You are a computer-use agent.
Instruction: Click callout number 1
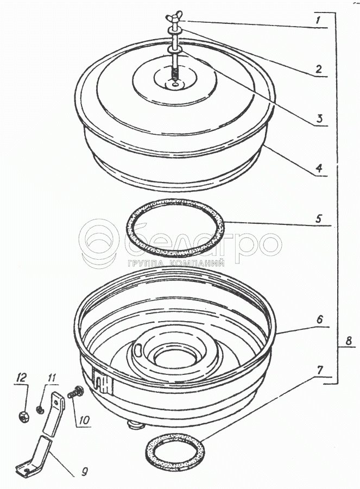coord(318,21)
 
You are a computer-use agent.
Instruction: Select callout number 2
coord(318,69)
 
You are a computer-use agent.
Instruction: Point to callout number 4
coord(319,168)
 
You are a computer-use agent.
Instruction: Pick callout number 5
coord(318,218)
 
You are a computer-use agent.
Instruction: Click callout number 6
coord(320,319)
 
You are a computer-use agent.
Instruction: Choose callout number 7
coord(320,370)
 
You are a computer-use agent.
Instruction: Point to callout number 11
coord(52,378)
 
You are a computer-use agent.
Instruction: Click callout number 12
coord(22,378)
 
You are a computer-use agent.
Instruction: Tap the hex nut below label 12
coord(24,416)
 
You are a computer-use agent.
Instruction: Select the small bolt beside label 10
coord(74,392)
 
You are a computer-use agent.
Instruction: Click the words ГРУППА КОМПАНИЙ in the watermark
coord(176,264)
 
